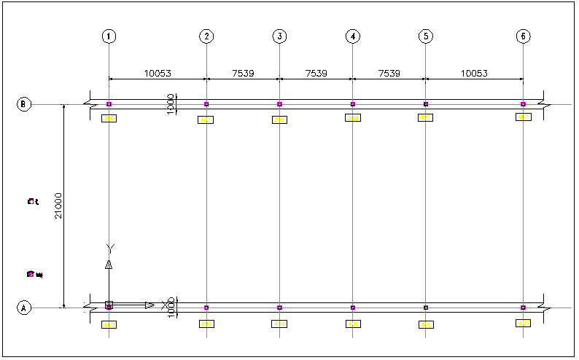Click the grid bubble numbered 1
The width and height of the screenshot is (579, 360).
(109, 36)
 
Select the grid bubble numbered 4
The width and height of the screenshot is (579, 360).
(353, 36)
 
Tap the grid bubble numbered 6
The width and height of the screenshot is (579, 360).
(523, 36)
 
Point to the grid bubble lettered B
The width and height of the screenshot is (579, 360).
(24, 104)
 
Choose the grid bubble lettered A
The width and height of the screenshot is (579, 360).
(24, 308)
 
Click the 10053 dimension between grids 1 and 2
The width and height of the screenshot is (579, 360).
(157, 73)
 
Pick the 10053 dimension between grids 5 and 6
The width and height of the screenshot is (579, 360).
(474, 73)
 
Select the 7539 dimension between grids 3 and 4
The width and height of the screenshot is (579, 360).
(316, 73)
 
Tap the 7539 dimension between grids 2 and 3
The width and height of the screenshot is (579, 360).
(243, 73)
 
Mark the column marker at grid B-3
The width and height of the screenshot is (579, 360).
(279, 104)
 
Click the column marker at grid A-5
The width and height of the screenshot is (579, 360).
(426, 308)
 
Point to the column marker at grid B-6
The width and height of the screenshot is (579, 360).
(523, 104)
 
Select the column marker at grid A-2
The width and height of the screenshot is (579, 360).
(206, 308)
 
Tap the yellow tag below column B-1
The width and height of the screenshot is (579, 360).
(109, 118)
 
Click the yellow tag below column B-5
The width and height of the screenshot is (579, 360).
(426, 117)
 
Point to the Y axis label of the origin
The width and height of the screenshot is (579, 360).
(109, 249)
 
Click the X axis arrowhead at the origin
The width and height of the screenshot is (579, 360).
(150, 305)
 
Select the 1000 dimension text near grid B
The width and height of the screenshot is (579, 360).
(171, 103)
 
